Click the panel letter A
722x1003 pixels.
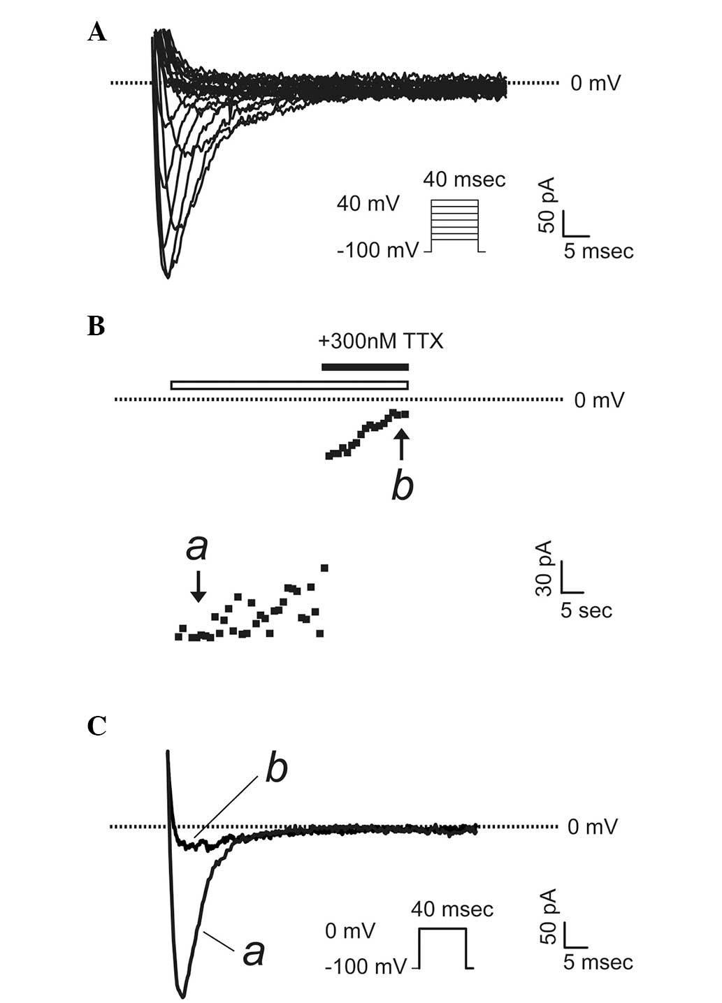click(x=97, y=32)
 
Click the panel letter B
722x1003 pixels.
click(x=96, y=325)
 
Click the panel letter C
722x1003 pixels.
click(x=96, y=726)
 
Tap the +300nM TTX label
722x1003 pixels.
click(x=380, y=342)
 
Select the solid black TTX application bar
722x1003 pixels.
click(x=364, y=367)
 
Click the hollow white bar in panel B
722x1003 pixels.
click(x=289, y=385)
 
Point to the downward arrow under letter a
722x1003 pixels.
click(x=198, y=585)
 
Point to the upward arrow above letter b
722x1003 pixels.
click(x=400, y=444)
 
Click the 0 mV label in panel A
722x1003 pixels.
click(x=595, y=84)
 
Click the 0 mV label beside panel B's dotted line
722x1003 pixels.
click(x=599, y=400)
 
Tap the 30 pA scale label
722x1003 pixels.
click(x=544, y=568)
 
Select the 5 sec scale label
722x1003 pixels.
click(x=586, y=610)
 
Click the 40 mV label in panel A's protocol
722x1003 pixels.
click(x=368, y=204)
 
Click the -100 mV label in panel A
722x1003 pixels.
click(x=377, y=249)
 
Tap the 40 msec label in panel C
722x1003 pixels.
click(x=452, y=909)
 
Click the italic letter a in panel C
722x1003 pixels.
click(x=253, y=952)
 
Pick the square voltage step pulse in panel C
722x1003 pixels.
click(x=442, y=948)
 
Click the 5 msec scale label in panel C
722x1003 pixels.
click(x=598, y=962)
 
